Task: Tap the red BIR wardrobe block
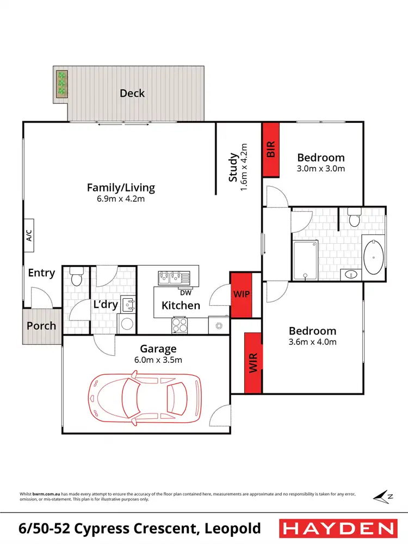[x=270, y=149]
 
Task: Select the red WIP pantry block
[x=240, y=294]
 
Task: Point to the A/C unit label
[x=29, y=234]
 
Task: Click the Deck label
[x=132, y=93]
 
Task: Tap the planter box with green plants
[x=62, y=84]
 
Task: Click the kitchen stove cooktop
[x=180, y=325]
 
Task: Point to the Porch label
[x=41, y=326]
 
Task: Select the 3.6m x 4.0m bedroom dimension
[x=312, y=342]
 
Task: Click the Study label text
[x=233, y=168]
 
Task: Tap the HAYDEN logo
[x=337, y=528]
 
